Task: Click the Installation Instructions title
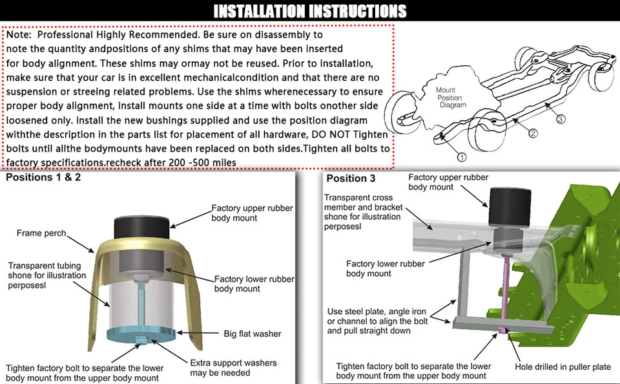tap(310, 11)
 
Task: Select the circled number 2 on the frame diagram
tap(533, 134)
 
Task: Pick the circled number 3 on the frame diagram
tap(561, 119)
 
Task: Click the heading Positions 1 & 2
tap(43, 177)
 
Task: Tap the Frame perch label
tap(41, 233)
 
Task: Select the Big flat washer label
tap(253, 334)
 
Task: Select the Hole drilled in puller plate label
tap(562, 367)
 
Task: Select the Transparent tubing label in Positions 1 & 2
tap(41, 275)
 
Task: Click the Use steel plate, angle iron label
tap(377, 321)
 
